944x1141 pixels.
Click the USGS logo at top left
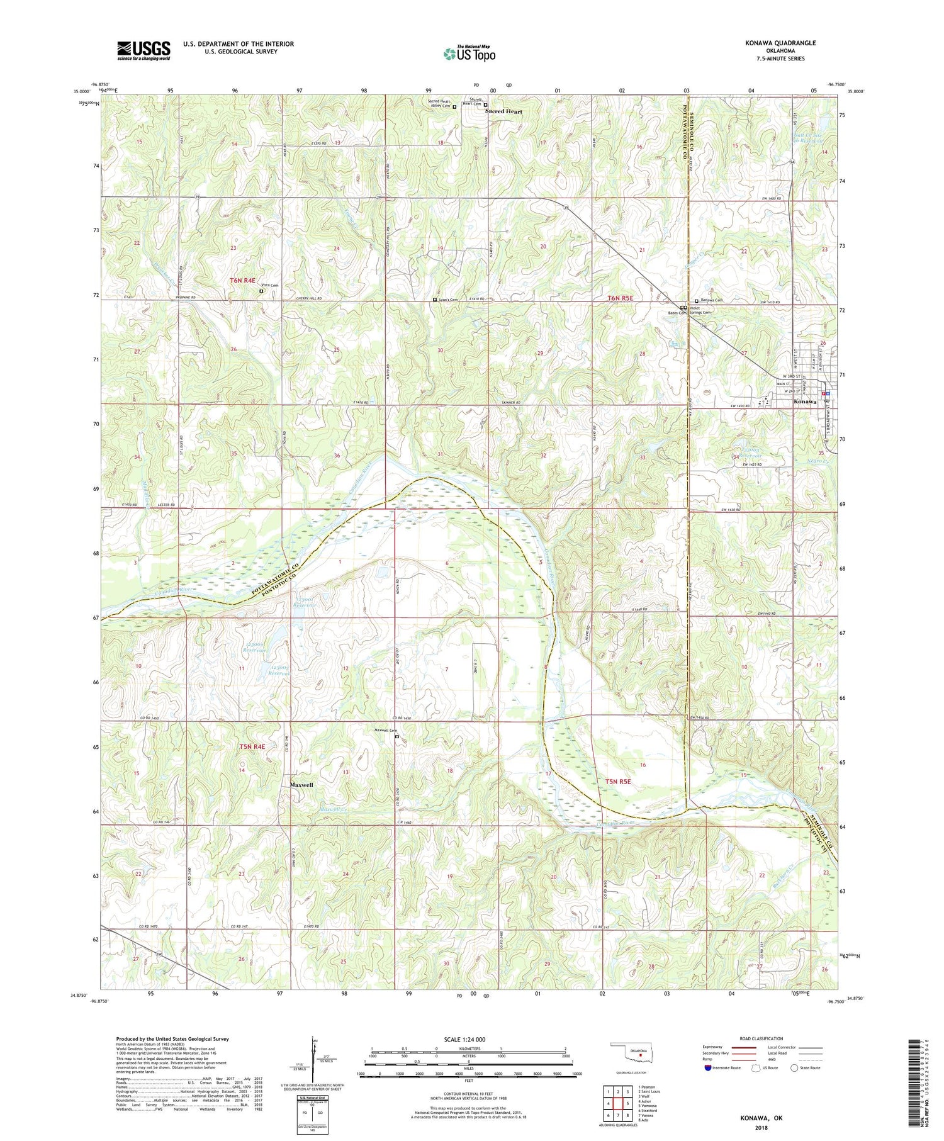pos(143,50)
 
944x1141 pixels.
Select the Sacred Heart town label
pos(504,111)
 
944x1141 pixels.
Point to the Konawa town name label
pos(805,402)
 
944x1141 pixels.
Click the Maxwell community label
pos(301,785)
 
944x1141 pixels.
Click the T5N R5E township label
pos(617,782)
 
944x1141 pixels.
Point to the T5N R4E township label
pos(252,746)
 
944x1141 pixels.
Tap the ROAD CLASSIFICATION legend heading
pos(761,1038)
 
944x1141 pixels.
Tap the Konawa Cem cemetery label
pos(711,300)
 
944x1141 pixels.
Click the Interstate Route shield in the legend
pos(709,1067)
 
